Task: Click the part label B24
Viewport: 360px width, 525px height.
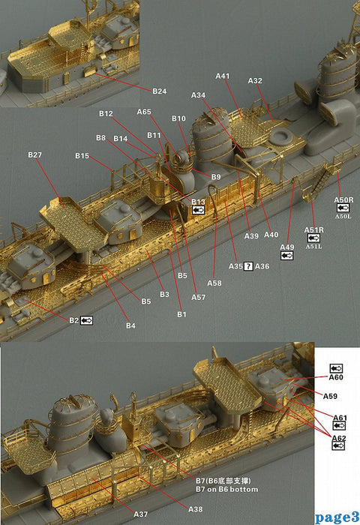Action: [159, 91]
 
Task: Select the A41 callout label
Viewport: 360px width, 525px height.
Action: [223, 76]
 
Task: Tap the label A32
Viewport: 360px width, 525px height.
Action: [255, 80]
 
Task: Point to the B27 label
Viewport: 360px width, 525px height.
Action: [35, 154]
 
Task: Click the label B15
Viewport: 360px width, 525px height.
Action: [82, 155]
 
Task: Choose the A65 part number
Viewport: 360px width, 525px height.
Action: [144, 111]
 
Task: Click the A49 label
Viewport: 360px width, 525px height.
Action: [286, 247]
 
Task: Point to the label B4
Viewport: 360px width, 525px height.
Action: [130, 325]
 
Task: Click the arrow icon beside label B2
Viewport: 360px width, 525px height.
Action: [86, 320]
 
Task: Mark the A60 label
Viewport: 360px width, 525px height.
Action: [335, 379]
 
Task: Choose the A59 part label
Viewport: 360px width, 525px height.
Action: [330, 395]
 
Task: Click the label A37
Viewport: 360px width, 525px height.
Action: [140, 514]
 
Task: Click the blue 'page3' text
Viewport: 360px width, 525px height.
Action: [337, 517]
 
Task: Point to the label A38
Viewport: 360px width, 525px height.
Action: [195, 509]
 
